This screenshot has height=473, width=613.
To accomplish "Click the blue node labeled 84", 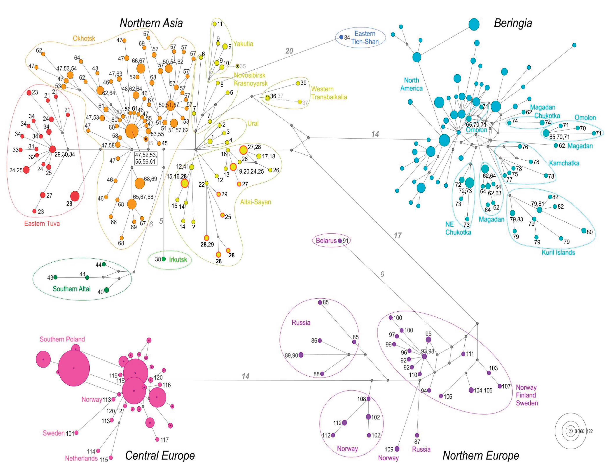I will click(x=341, y=37).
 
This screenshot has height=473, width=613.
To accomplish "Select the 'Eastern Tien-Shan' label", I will click(x=365, y=38).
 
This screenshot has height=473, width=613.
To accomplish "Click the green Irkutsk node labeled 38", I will click(x=164, y=259).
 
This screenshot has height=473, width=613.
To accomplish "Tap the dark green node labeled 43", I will click(x=55, y=277).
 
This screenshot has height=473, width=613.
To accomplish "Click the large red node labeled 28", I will click(x=75, y=196).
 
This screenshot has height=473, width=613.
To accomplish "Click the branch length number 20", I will click(x=289, y=51).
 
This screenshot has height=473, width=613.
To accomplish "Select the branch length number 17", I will click(x=397, y=235).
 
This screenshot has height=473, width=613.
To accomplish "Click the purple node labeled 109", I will click(x=397, y=449).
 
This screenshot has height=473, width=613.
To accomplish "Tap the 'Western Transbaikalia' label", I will click(x=329, y=93).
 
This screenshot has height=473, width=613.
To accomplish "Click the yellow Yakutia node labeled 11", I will click(x=215, y=24).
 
